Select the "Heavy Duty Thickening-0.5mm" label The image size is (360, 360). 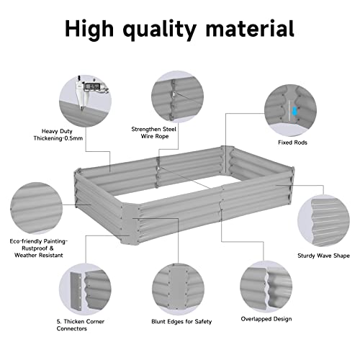point(53,136)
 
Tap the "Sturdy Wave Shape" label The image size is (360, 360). point(323,254)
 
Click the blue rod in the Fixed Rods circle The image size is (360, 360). point(294,110)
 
